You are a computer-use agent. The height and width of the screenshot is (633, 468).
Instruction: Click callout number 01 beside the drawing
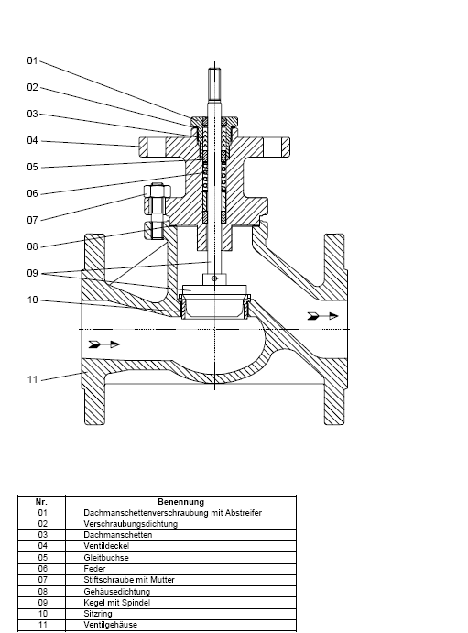point(32,60)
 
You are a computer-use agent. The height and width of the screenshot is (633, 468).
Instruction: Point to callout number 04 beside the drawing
point(32,140)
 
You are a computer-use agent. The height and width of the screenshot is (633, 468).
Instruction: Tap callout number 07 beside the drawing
point(32,220)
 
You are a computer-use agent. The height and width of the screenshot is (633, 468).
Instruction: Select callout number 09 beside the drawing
point(32,273)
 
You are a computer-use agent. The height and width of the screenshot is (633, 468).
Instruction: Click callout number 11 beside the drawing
point(32,379)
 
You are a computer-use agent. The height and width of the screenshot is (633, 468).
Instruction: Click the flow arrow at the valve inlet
point(104,344)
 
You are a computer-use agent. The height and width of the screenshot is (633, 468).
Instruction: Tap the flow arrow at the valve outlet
point(322,316)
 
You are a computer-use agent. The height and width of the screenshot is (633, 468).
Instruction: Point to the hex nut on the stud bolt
point(158,191)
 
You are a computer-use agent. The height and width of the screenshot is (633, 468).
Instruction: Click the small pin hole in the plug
point(214,278)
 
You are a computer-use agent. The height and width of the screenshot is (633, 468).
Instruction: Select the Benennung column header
point(180,502)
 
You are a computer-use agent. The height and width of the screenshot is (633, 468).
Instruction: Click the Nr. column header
point(41,502)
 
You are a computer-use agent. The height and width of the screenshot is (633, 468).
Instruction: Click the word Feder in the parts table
point(94,569)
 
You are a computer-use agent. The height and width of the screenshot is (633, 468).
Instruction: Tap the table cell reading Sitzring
point(98,614)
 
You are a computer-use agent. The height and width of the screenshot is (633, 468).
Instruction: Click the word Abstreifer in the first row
point(244,513)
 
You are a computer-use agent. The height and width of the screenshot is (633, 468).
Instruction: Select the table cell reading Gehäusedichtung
point(117,592)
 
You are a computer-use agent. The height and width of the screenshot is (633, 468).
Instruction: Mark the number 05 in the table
point(42,558)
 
